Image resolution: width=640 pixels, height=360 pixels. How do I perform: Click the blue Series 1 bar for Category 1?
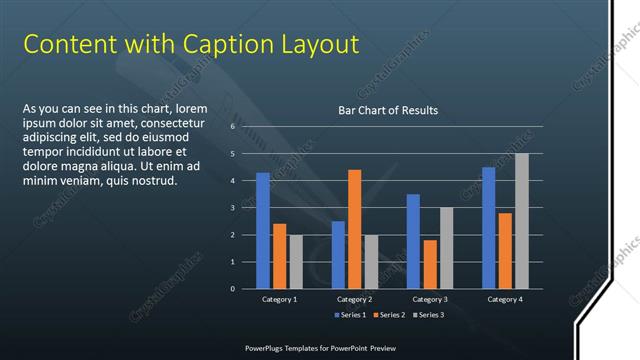(263, 230)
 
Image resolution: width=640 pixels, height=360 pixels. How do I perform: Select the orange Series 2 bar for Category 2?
(354, 229)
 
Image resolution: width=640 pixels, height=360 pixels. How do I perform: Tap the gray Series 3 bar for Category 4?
(521, 221)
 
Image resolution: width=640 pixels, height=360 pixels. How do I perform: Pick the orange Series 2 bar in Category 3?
(429, 264)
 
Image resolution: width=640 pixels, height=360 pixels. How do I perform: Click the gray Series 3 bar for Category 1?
(295, 261)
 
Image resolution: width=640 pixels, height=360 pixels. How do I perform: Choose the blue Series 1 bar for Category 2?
(338, 254)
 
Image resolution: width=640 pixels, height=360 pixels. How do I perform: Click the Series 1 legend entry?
(350, 316)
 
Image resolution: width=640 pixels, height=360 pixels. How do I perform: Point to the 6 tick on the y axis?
(231, 127)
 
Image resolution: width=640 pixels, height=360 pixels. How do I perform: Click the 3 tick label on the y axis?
(231, 208)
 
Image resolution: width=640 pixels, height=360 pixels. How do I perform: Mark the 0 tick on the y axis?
(231, 289)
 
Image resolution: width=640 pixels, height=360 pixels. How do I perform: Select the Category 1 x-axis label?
(279, 299)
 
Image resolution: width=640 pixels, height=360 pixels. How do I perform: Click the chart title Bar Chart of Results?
(388, 110)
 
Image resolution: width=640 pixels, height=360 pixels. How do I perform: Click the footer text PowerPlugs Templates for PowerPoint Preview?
(321, 348)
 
